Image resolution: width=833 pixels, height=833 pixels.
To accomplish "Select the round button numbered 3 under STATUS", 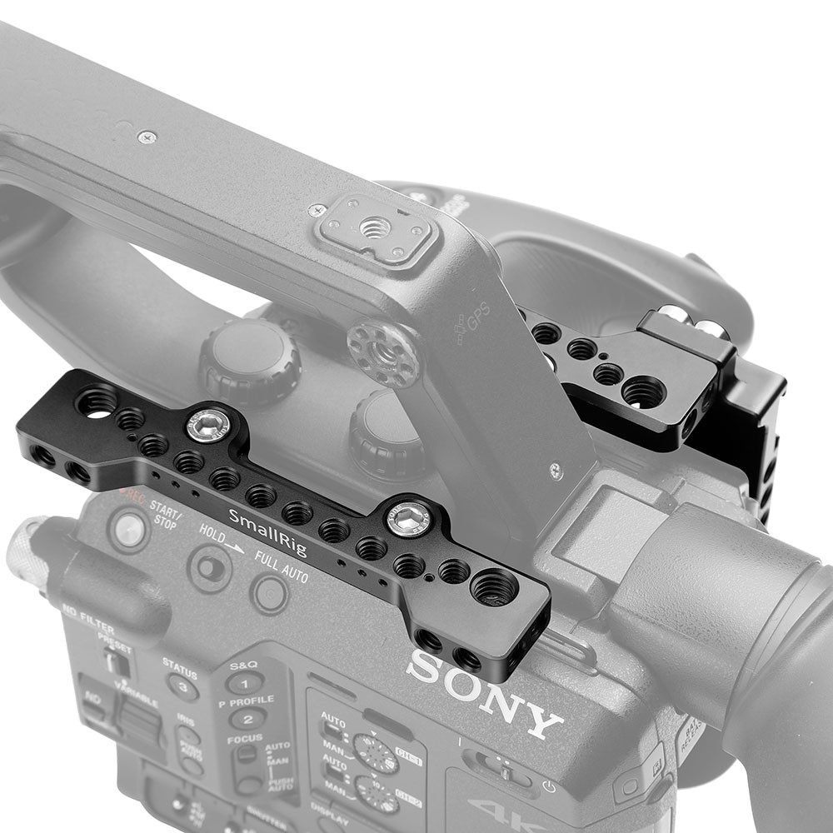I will tap(182, 686).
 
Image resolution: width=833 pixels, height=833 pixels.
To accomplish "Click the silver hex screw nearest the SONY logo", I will tap(407, 521).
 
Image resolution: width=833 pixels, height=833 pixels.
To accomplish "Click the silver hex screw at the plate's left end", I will tap(205, 426).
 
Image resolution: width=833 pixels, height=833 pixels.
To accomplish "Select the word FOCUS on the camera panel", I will tap(246, 738).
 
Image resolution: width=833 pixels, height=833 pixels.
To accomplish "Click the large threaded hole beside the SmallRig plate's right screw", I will tap(493, 586).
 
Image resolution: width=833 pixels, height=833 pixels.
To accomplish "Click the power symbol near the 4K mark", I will tap(548, 785).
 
